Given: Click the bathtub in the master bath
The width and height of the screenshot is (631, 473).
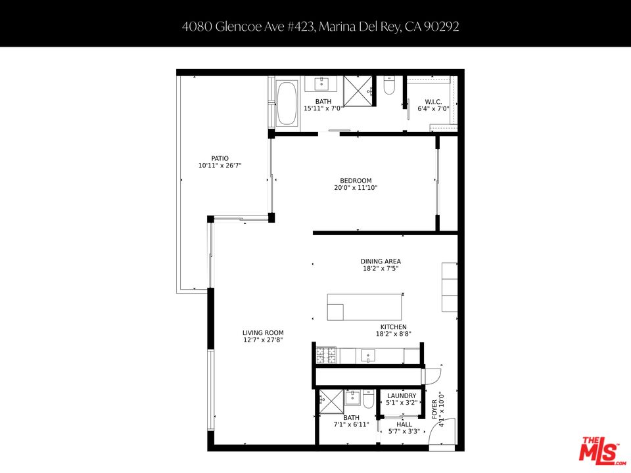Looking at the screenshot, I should pyautogui.click(x=287, y=103).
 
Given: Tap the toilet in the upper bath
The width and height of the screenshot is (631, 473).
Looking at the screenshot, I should pyautogui.click(x=388, y=87).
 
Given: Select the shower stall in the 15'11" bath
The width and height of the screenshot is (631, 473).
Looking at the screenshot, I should pyautogui.click(x=358, y=91).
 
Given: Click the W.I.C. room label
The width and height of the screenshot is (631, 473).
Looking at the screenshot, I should pyautogui.click(x=432, y=102).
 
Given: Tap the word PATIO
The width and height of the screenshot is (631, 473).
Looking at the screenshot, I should pyautogui.click(x=220, y=158).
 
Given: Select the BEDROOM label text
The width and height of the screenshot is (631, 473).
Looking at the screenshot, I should pyautogui.click(x=356, y=181).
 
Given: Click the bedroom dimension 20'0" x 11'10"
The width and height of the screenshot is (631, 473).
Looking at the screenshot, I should pyautogui.click(x=356, y=188).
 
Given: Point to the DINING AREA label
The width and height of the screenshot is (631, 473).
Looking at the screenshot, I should pyautogui.click(x=381, y=261).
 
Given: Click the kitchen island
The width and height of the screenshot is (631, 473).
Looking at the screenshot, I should pyautogui.click(x=364, y=307).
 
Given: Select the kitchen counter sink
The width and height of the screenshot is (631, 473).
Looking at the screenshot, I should pyautogui.click(x=367, y=355).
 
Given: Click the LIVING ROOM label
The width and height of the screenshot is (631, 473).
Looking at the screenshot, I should pyautogui.click(x=263, y=333).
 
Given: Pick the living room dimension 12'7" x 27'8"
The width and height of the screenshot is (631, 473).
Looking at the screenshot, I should pyautogui.click(x=263, y=340).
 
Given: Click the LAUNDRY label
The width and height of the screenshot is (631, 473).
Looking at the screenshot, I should pyautogui.click(x=402, y=395).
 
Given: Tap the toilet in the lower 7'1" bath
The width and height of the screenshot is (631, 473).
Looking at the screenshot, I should pyautogui.click(x=369, y=399).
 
